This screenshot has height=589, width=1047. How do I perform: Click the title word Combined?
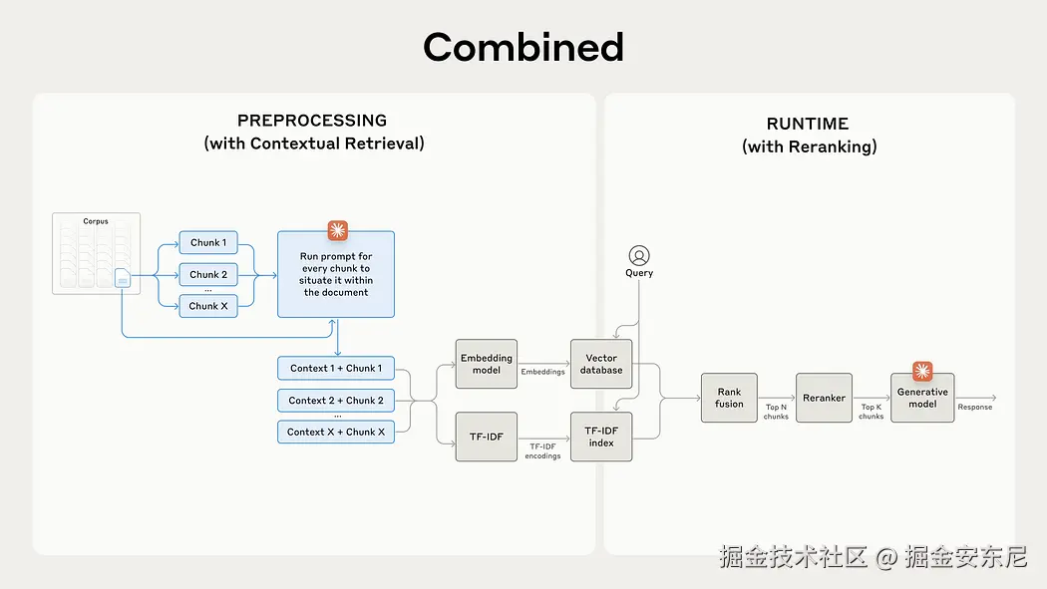(x=523, y=47)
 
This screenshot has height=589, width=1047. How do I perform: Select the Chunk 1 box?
(x=208, y=243)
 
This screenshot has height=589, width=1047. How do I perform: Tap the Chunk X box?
(x=208, y=306)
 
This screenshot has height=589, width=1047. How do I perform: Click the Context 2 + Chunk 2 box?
(x=336, y=401)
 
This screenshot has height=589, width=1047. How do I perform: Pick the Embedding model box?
(x=487, y=364)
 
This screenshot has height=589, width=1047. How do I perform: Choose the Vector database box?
(x=601, y=364)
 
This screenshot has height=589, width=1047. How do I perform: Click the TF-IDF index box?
(x=601, y=437)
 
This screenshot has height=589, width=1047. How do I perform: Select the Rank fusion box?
(x=729, y=398)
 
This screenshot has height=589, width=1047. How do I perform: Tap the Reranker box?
(x=825, y=398)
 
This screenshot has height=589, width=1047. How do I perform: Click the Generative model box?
(x=922, y=398)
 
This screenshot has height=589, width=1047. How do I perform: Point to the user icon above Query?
(x=639, y=256)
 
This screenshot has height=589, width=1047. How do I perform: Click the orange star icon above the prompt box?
(x=337, y=231)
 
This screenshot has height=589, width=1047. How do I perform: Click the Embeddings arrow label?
(x=542, y=373)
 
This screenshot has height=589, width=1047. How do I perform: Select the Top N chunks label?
(x=776, y=412)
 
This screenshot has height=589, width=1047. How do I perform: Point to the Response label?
(x=975, y=407)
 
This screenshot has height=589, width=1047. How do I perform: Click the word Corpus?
(x=96, y=221)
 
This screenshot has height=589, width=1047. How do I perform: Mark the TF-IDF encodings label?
(x=544, y=451)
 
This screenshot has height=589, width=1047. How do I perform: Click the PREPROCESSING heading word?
(x=312, y=121)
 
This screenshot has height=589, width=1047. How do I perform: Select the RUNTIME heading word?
(x=808, y=124)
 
